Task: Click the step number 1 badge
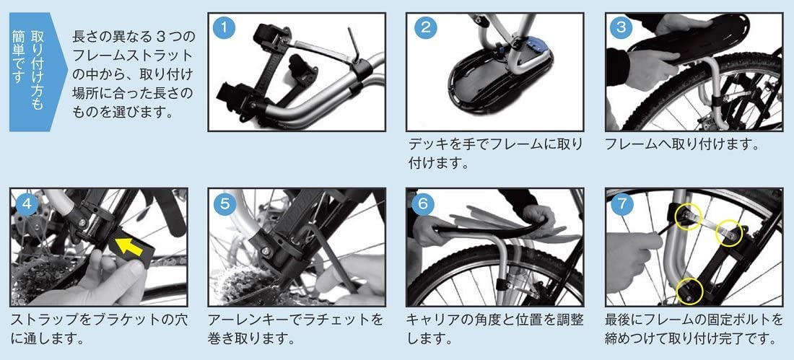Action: (x=224, y=27)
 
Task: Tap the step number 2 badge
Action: (x=425, y=27)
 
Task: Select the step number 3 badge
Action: (x=621, y=27)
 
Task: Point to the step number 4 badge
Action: (x=26, y=203)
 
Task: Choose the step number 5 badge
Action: (x=224, y=203)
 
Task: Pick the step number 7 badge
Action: (x=621, y=203)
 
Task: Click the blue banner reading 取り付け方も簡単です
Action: (x=37, y=72)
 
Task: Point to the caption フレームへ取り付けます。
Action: (x=682, y=145)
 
